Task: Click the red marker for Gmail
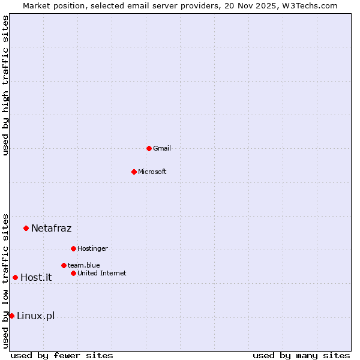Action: [149, 148]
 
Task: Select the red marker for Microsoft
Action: [134, 172]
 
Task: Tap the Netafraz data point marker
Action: [26, 228]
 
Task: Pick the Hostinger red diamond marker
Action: [73, 248]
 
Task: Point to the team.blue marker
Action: [64, 265]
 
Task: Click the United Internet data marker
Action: [73, 273]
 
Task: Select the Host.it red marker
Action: [15, 277]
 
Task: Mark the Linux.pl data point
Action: [11, 316]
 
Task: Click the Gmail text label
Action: [162, 148]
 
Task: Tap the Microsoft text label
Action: [152, 172]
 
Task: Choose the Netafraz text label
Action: [51, 228]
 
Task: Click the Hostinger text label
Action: [92, 248]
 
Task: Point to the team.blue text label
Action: [84, 265]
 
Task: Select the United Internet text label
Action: [102, 273]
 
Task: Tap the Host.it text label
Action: [36, 277]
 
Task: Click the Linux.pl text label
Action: [35, 316]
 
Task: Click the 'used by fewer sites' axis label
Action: [62, 355]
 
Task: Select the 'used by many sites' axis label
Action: [301, 355]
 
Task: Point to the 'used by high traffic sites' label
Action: [5, 85]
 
